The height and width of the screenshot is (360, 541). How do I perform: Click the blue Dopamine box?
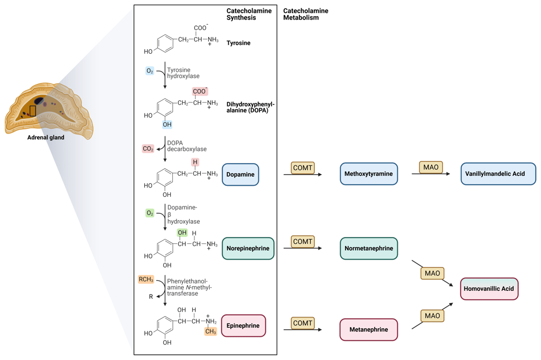pyautogui.click(x=240, y=175)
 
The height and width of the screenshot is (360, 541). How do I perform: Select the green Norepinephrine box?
pyautogui.click(x=248, y=249)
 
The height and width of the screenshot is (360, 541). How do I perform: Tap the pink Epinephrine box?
pyautogui.click(x=243, y=326)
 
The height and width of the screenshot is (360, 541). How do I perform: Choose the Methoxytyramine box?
pyautogui.click(x=368, y=174)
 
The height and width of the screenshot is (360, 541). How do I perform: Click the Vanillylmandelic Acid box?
pyautogui.click(x=498, y=174)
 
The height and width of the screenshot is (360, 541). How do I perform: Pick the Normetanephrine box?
pyautogui.click(x=368, y=249)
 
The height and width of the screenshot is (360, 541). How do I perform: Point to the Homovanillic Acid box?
pyautogui.click(x=489, y=289)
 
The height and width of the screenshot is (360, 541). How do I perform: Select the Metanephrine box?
pyautogui.click(x=368, y=330)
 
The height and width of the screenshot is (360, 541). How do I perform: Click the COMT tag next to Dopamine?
pyautogui.click(x=303, y=168)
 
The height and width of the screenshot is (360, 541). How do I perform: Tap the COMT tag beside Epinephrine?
pyautogui.click(x=303, y=323)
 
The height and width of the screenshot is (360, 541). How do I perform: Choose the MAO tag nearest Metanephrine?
pyautogui.click(x=432, y=316)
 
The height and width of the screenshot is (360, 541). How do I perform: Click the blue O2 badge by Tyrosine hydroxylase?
pyautogui.click(x=150, y=71)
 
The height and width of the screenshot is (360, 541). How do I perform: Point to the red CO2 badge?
pyautogui.click(x=148, y=149)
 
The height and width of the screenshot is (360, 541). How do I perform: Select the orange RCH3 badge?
pyautogui.click(x=146, y=279)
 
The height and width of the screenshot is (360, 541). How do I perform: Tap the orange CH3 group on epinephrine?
pyautogui.click(x=211, y=332)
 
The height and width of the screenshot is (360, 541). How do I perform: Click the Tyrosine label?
pyautogui.click(x=238, y=43)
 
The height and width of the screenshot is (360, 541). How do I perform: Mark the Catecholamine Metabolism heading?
pyautogui.click(x=305, y=14)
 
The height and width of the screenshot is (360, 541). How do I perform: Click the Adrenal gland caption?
pyautogui.click(x=46, y=138)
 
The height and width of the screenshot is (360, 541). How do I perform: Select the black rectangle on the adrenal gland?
pyautogui.click(x=33, y=111)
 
